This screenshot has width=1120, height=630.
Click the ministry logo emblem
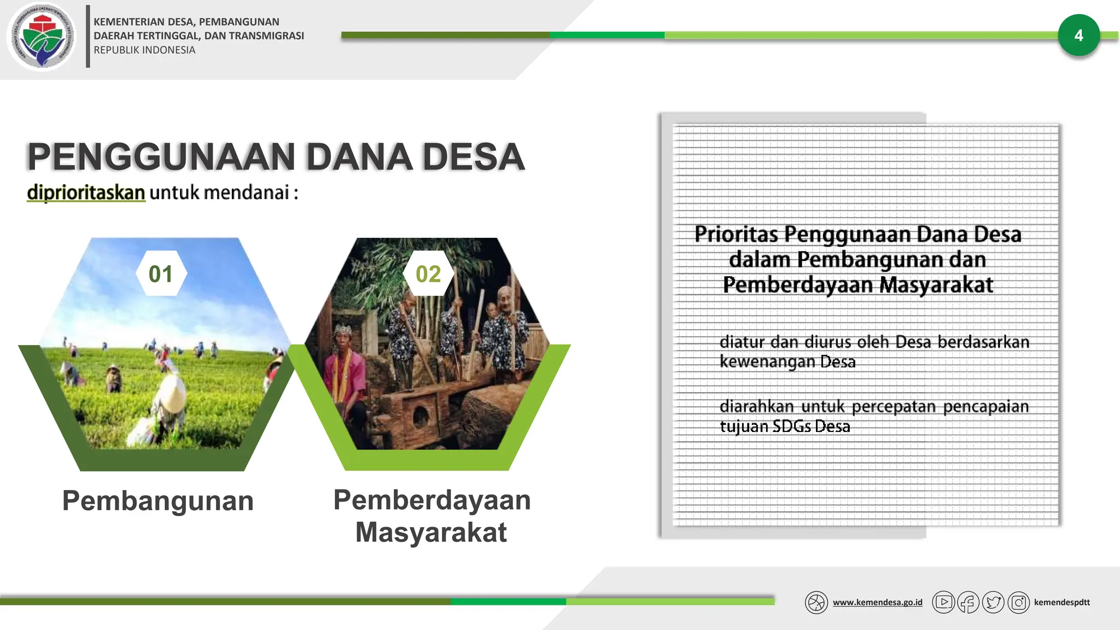41,37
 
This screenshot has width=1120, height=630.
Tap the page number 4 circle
1078,36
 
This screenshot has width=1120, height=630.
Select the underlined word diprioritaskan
86,192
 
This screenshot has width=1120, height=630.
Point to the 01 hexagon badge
160,273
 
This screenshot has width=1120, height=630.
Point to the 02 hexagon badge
428,273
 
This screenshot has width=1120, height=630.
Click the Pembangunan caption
157,500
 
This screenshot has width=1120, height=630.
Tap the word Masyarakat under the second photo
431,532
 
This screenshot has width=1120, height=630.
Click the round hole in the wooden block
421,417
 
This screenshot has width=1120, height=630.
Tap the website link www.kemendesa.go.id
877,602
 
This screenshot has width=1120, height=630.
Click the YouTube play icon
943,602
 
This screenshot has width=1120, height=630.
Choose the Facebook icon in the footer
968,603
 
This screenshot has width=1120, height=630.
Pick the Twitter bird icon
993,603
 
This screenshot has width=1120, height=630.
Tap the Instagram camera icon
1018,603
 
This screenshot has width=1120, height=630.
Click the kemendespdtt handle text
1061,602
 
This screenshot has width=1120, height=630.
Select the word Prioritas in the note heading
736,234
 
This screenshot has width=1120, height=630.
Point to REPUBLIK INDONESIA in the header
144,50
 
